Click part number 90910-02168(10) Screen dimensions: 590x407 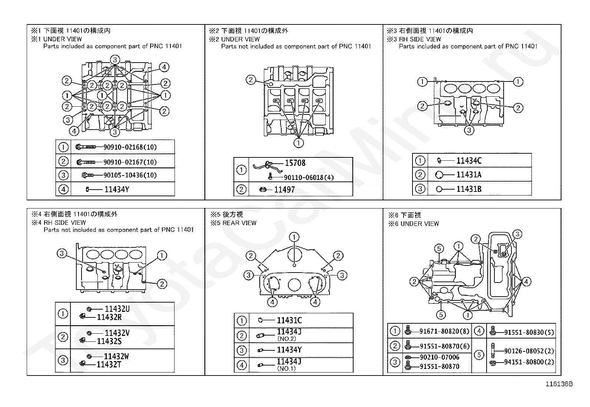tap(130, 147)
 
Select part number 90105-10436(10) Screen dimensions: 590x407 tap(130, 175)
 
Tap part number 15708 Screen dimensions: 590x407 tap(295, 163)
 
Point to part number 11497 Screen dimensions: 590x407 tap(285, 190)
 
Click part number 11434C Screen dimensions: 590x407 tap(469, 161)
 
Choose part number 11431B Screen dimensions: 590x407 tap(469, 189)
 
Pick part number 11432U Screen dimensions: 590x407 tap(117, 308)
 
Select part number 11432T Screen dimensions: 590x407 tap(109, 365)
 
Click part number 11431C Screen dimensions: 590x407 tap(289, 320)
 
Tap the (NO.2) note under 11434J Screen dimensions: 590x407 tap(286, 339)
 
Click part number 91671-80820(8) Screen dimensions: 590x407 tap(444, 331)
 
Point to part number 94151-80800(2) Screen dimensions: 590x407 tap(529, 362)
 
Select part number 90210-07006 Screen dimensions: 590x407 tap(439, 357)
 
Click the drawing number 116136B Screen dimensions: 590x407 tap(559, 384)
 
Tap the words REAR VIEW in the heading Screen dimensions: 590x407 tap(239, 223)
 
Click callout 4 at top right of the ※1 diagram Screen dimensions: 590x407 tap(164, 67)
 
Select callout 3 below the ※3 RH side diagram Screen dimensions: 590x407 tap(469, 130)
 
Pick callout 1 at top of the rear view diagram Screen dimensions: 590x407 tap(294, 237)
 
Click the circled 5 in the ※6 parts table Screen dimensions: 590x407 tap(479, 355)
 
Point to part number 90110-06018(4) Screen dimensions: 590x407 tap(309, 178)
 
